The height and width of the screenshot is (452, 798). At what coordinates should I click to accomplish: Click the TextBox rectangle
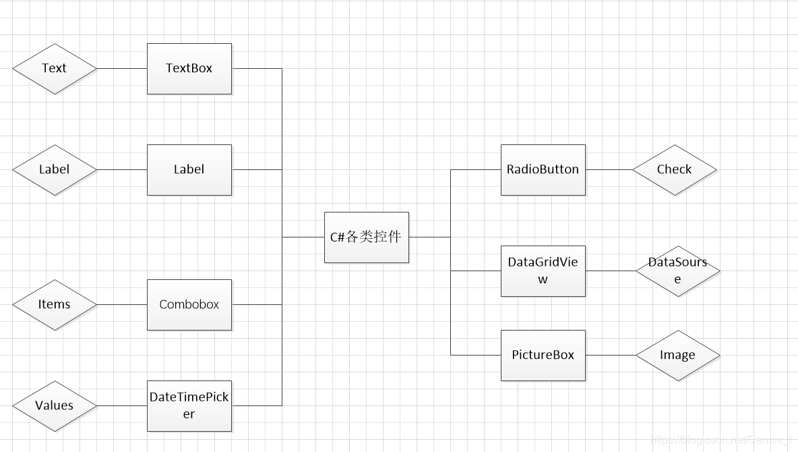pyautogui.click(x=189, y=69)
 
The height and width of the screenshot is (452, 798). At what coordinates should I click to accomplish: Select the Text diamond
pyautogui.click(x=55, y=69)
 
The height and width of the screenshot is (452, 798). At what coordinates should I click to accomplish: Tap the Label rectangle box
pyautogui.click(x=189, y=170)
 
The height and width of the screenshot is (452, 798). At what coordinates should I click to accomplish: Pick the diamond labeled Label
pyautogui.click(x=55, y=170)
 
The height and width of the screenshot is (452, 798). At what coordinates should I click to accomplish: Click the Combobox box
pyautogui.click(x=189, y=305)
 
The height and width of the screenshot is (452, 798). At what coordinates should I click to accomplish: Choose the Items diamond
pyautogui.click(x=55, y=305)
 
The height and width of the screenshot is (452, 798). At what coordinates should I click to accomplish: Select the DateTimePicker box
pyautogui.click(x=189, y=406)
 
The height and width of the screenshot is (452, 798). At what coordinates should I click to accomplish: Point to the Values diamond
pyautogui.click(x=55, y=406)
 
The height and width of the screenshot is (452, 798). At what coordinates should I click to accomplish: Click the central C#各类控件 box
pyautogui.click(x=366, y=237)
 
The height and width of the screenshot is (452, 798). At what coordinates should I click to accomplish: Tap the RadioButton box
pyautogui.click(x=543, y=170)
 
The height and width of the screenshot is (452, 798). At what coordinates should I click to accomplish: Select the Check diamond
pyautogui.click(x=674, y=170)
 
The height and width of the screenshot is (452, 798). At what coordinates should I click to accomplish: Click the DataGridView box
pyautogui.click(x=543, y=271)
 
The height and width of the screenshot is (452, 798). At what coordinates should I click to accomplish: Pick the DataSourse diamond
pyautogui.click(x=677, y=271)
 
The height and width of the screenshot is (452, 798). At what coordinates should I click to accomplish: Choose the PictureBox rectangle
pyautogui.click(x=543, y=356)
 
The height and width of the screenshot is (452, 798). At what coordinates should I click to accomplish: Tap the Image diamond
pyautogui.click(x=677, y=356)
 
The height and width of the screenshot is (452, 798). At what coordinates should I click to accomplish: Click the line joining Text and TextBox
pyautogui.click(x=122, y=69)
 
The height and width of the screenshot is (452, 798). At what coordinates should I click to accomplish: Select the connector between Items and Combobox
pyautogui.click(x=122, y=305)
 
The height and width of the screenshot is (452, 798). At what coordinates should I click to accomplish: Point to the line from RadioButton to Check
pyautogui.click(x=609, y=170)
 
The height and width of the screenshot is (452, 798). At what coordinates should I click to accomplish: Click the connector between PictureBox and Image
pyautogui.click(x=610, y=356)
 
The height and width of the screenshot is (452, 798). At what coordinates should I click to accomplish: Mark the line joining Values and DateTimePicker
pyautogui.click(x=122, y=406)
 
